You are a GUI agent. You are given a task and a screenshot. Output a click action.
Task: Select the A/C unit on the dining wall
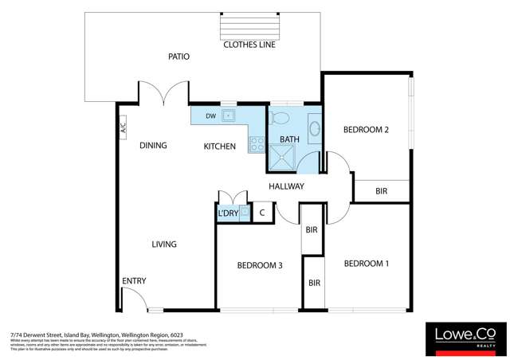pyautogui.click(x=124, y=127)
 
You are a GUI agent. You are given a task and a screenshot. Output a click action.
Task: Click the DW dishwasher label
pyautogui.click(x=210, y=116)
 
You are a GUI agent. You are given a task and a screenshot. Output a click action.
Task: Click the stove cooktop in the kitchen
pyautogui.click(x=257, y=144)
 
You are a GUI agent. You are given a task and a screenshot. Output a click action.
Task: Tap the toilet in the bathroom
pyautogui.click(x=280, y=119)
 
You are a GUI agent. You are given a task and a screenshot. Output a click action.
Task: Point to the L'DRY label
pyautogui.click(x=227, y=213)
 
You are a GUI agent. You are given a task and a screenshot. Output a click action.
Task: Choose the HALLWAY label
pyautogui.click(x=287, y=186)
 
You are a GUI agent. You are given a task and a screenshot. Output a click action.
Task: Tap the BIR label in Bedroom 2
pyautogui.click(x=381, y=191)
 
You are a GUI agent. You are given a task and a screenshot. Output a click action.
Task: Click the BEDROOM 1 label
pyautogui.click(x=366, y=264)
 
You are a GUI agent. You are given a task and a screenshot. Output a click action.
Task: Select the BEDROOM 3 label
pyautogui.click(x=260, y=266)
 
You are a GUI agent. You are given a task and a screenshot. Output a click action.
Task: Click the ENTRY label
pyautogui.click(x=133, y=281)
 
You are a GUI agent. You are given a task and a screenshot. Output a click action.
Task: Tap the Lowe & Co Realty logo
pyautogui.click(x=463, y=338)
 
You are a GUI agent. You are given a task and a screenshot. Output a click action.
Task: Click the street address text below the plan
pyautogui.click(x=96, y=336)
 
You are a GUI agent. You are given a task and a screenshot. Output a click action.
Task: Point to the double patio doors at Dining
pyautogui.click(x=164, y=96)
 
